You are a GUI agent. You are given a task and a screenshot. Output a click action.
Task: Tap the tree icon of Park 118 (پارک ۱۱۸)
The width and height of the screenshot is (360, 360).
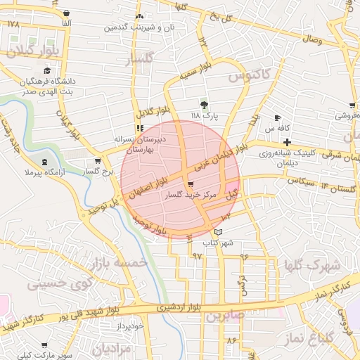[x=205, y=103]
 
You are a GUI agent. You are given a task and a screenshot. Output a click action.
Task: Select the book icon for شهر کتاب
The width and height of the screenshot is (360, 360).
[x=218, y=232]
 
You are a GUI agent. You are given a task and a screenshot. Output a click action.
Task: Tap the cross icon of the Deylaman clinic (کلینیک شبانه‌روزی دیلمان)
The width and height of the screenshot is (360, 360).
[x=287, y=142]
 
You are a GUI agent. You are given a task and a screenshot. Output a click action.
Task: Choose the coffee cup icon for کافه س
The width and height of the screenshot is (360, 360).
[x=277, y=117]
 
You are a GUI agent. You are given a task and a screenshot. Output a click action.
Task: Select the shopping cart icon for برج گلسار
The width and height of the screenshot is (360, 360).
[x=96, y=161]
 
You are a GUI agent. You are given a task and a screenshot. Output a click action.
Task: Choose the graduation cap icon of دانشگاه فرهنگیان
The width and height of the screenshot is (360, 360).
[x=47, y=70]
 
